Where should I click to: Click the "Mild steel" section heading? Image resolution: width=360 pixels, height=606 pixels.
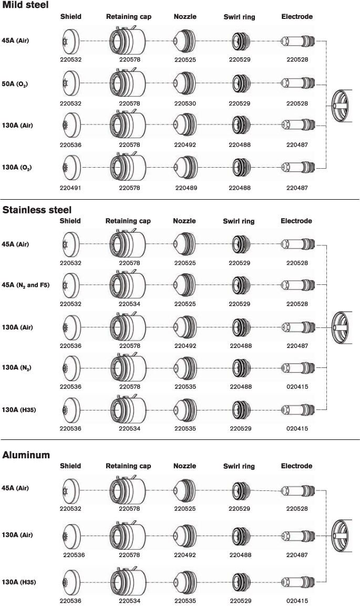26,5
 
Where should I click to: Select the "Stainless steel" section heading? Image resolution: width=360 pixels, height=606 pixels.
37,210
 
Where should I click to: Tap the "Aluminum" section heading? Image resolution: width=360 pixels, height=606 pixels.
26,455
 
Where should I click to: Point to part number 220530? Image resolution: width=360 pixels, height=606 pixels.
185,104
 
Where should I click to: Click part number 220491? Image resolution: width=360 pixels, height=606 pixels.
70,187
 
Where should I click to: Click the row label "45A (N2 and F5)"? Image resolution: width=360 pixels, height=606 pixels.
26,285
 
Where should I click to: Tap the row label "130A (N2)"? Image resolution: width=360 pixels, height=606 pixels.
16,367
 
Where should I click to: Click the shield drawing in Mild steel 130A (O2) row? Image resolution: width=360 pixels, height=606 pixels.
69,167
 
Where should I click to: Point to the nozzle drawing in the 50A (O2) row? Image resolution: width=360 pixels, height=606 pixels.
185,84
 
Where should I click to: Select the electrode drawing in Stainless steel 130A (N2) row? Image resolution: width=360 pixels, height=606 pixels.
298,367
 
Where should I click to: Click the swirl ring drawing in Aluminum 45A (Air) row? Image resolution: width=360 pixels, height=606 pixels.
240,489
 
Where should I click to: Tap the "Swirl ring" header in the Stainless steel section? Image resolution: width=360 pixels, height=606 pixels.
239,221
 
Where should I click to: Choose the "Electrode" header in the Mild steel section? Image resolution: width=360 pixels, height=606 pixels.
297,17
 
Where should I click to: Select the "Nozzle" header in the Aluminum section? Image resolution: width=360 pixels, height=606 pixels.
184,466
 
